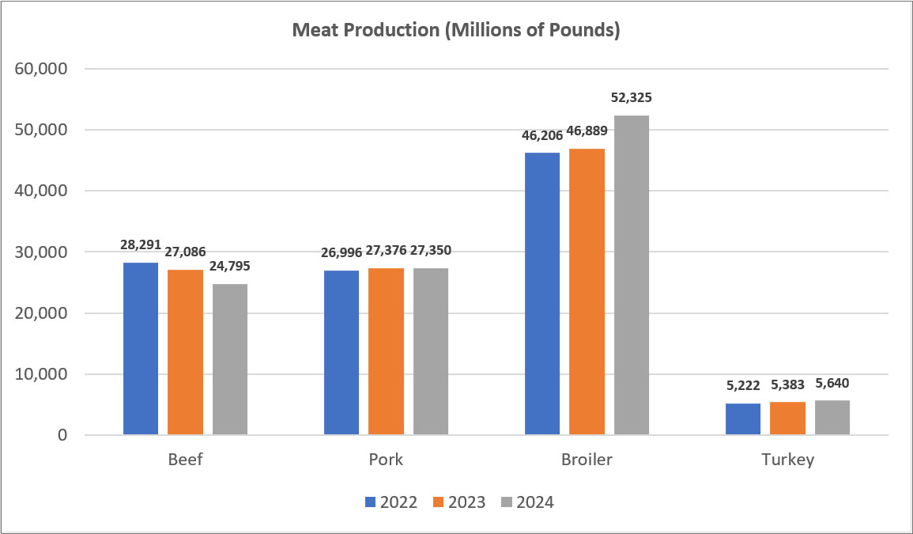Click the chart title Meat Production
pyautogui.click(x=455, y=31)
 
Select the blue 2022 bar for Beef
pyautogui.click(x=141, y=349)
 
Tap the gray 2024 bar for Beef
pyautogui.click(x=230, y=359)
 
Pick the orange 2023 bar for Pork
pyautogui.click(x=386, y=351)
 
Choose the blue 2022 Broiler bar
pyautogui.click(x=542, y=294)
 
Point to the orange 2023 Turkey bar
pyautogui.click(x=787, y=418)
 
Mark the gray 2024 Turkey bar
pyautogui.click(x=832, y=418)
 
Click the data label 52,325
pyautogui.click(x=632, y=99)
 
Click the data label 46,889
pyautogui.click(x=587, y=134)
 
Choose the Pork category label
pyautogui.click(x=386, y=460)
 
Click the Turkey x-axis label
pyautogui.click(x=787, y=460)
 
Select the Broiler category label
pyautogui.click(x=587, y=460)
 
